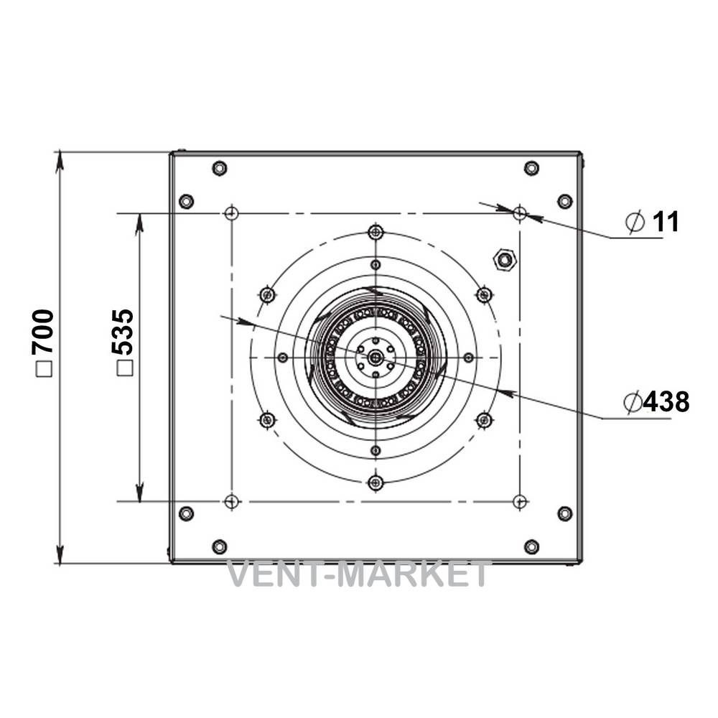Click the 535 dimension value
pos(123,332)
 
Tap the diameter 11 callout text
pos(666,222)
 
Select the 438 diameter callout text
pos(666,402)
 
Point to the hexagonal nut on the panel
pos(504,260)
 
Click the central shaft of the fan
pos(376,357)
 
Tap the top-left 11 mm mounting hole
pos(232,213)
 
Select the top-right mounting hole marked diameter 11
pos(520,213)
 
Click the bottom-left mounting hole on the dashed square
pos(232,501)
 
